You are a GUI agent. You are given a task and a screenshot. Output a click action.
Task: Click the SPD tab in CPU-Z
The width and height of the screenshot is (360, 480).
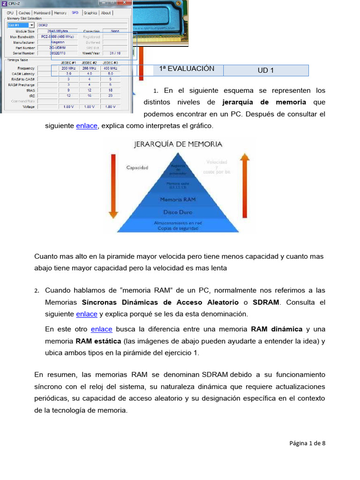[75, 13]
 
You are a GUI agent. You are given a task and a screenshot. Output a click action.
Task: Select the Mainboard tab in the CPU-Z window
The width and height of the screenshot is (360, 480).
[42, 13]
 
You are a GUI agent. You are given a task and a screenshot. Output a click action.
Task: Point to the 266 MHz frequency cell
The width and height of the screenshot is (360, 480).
[89, 68]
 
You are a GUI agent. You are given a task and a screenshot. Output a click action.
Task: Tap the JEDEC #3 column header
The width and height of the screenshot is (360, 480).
[110, 62]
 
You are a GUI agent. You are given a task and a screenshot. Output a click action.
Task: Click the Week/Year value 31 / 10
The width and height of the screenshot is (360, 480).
[115, 53]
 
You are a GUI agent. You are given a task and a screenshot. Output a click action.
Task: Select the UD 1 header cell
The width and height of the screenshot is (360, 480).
[265, 70]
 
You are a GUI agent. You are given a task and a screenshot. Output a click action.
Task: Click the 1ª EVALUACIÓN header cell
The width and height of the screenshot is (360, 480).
[187, 68]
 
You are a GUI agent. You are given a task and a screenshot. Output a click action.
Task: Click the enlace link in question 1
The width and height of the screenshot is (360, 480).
[87, 126]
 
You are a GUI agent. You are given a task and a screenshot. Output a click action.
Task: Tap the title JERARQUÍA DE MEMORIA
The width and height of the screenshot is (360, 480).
[178, 144]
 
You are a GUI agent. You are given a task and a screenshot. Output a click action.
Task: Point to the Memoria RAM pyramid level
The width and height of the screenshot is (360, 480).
[178, 199]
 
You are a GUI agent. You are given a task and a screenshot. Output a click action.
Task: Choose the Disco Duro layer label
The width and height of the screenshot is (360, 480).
[178, 212]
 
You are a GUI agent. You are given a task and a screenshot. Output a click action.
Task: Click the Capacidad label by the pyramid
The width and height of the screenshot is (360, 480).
[137, 167]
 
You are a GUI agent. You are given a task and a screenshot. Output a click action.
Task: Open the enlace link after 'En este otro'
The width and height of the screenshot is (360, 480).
[102, 329]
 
